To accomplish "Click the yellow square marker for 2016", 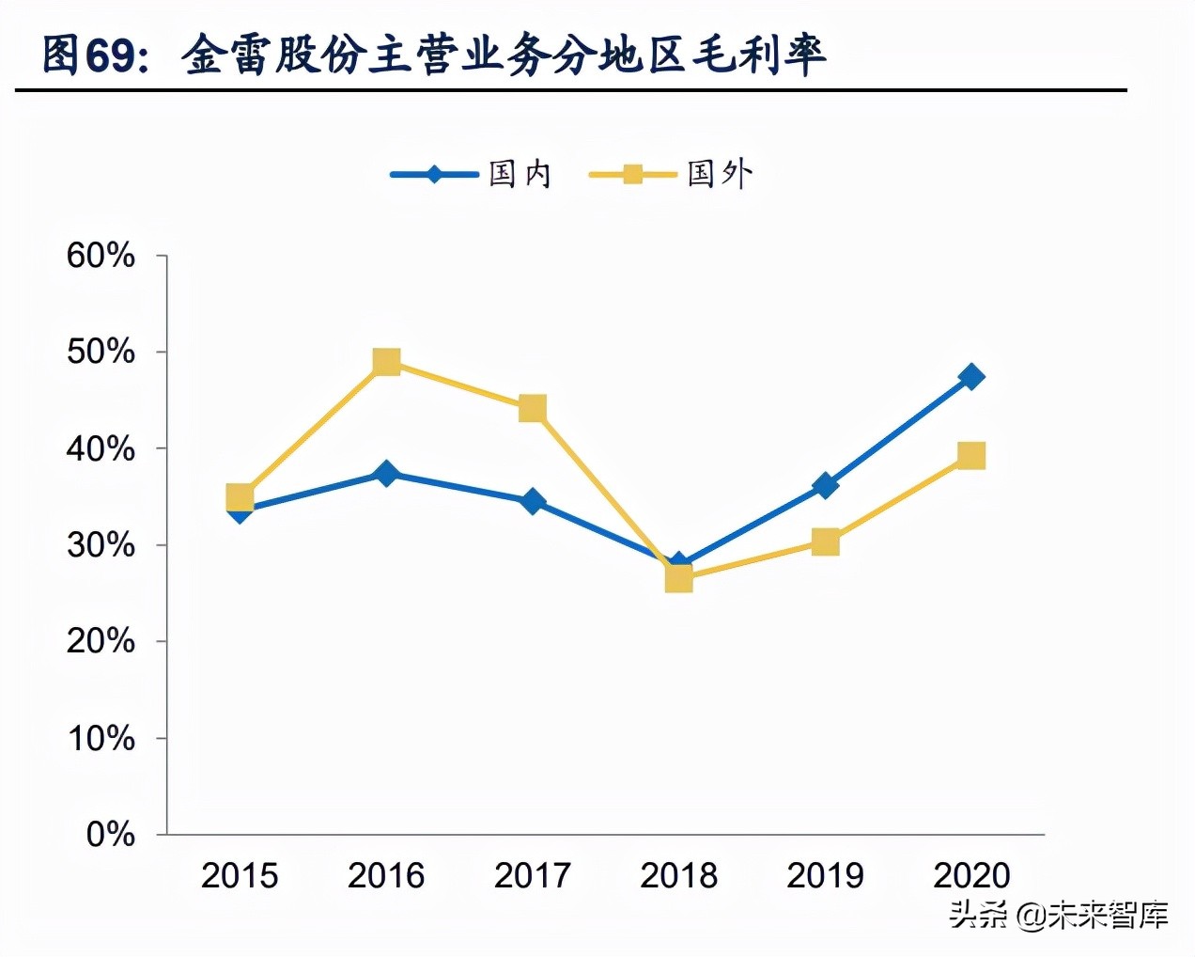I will (386, 362).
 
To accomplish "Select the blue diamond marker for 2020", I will (971, 377).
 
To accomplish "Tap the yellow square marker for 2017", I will (533, 409).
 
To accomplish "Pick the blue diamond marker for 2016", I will (386, 473).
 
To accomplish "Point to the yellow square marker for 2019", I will (825, 541).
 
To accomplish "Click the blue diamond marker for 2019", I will (825, 485).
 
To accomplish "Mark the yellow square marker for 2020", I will (971, 456).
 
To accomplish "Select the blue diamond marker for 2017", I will (533, 501).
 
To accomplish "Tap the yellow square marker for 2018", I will (678, 579).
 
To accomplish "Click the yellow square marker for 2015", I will (240, 496).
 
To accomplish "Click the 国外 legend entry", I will (671, 174).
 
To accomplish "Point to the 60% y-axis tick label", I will (101, 256).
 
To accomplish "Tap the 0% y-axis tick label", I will (111, 834).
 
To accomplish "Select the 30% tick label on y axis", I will (101, 545).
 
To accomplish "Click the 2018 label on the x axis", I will (678, 876).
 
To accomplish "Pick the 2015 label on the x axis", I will (240, 876).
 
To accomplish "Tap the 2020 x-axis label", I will (971, 876).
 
